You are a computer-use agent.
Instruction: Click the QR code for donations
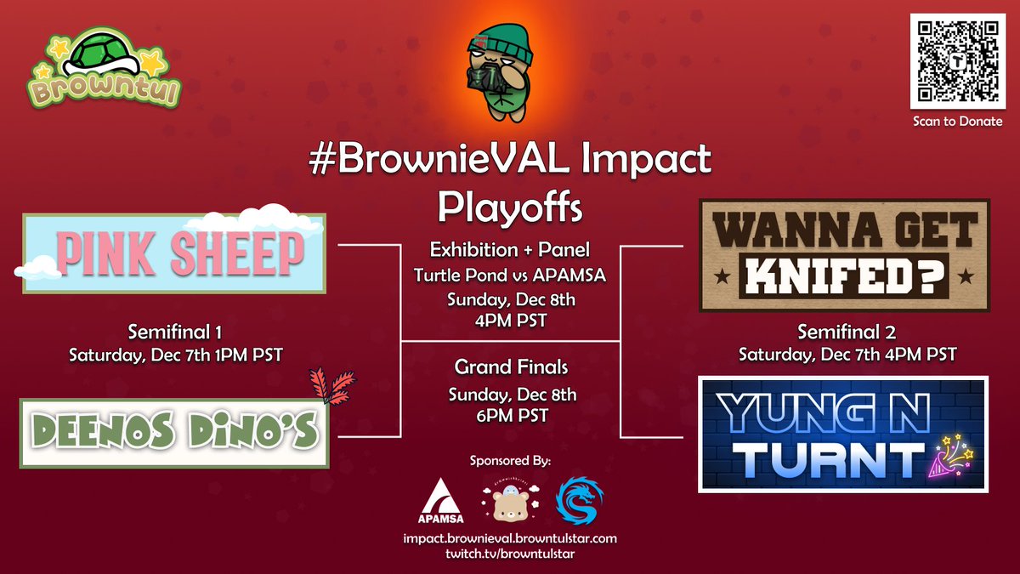[x=957, y=60]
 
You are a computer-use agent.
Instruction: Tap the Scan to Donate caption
[x=957, y=121]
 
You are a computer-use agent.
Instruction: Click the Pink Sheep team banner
[x=175, y=253]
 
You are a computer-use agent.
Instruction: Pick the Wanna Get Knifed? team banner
[x=843, y=255]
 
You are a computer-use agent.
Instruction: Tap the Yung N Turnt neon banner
[x=843, y=434]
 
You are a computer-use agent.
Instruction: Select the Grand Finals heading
[x=510, y=368]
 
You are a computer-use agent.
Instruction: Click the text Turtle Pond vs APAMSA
[x=510, y=275]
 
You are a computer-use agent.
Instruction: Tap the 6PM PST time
[x=510, y=416]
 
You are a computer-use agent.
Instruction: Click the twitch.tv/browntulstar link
[x=510, y=554]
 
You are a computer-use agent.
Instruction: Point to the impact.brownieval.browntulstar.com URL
[x=510, y=538]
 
